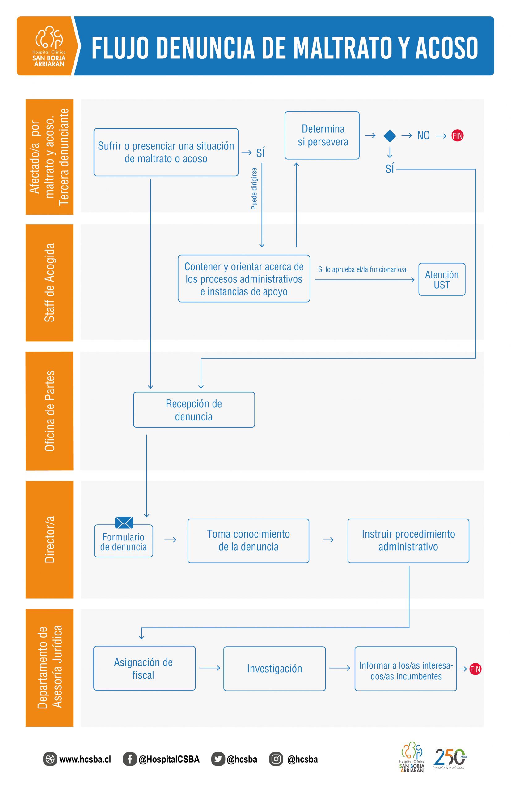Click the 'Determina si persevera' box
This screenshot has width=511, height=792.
point(322,135)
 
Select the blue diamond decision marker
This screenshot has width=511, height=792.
point(390,136)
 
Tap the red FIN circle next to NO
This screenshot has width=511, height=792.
point(457,136)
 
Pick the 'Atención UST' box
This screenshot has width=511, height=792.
point(442,279)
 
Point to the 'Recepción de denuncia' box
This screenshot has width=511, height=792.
point(194,410)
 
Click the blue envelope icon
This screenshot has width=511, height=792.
point(124,523)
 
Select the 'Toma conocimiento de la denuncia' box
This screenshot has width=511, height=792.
point(248,541)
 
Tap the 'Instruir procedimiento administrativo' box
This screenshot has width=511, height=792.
point(408,541)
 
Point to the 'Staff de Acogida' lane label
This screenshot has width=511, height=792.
point(49,283)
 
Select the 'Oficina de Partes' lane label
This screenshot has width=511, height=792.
point(49,411)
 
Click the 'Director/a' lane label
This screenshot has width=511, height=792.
point(49,540)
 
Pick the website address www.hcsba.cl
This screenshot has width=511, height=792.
point(85,760)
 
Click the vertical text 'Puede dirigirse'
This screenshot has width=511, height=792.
point(254,189)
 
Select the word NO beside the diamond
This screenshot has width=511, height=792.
point(423,136)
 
